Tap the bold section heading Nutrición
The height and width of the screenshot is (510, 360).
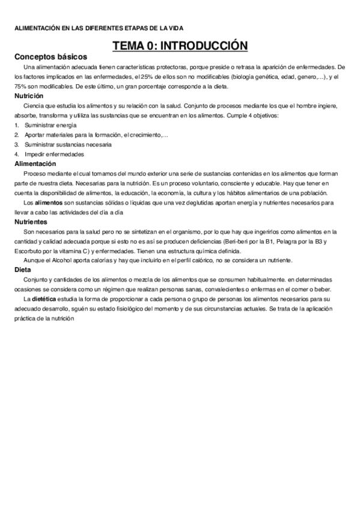pyautogui.click(x=29, y=96)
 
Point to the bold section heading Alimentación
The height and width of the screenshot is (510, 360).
pyautogui.click(x=35, y=164)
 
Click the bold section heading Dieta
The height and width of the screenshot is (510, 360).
pyautogui.click(x=23, y=270)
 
